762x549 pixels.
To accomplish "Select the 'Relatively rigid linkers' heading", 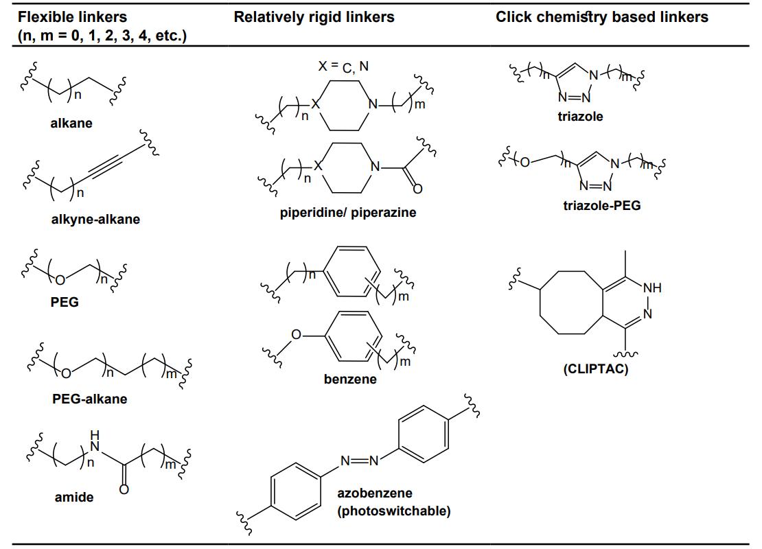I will point(314,16).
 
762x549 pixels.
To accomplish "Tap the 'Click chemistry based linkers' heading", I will point(601,16).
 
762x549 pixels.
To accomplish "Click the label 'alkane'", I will point(71,124).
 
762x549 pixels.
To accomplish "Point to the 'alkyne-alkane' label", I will point(95,220).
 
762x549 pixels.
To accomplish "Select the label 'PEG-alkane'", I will point(89,399).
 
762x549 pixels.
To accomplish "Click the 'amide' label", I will point(73,498).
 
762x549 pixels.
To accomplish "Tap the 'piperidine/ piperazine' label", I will point(348,212).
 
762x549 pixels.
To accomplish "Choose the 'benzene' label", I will point(350,379).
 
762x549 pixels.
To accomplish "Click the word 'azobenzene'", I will point(375,493).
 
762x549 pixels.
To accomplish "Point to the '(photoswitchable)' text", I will point(394,511).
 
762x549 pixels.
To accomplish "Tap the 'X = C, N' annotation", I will point(343,66).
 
